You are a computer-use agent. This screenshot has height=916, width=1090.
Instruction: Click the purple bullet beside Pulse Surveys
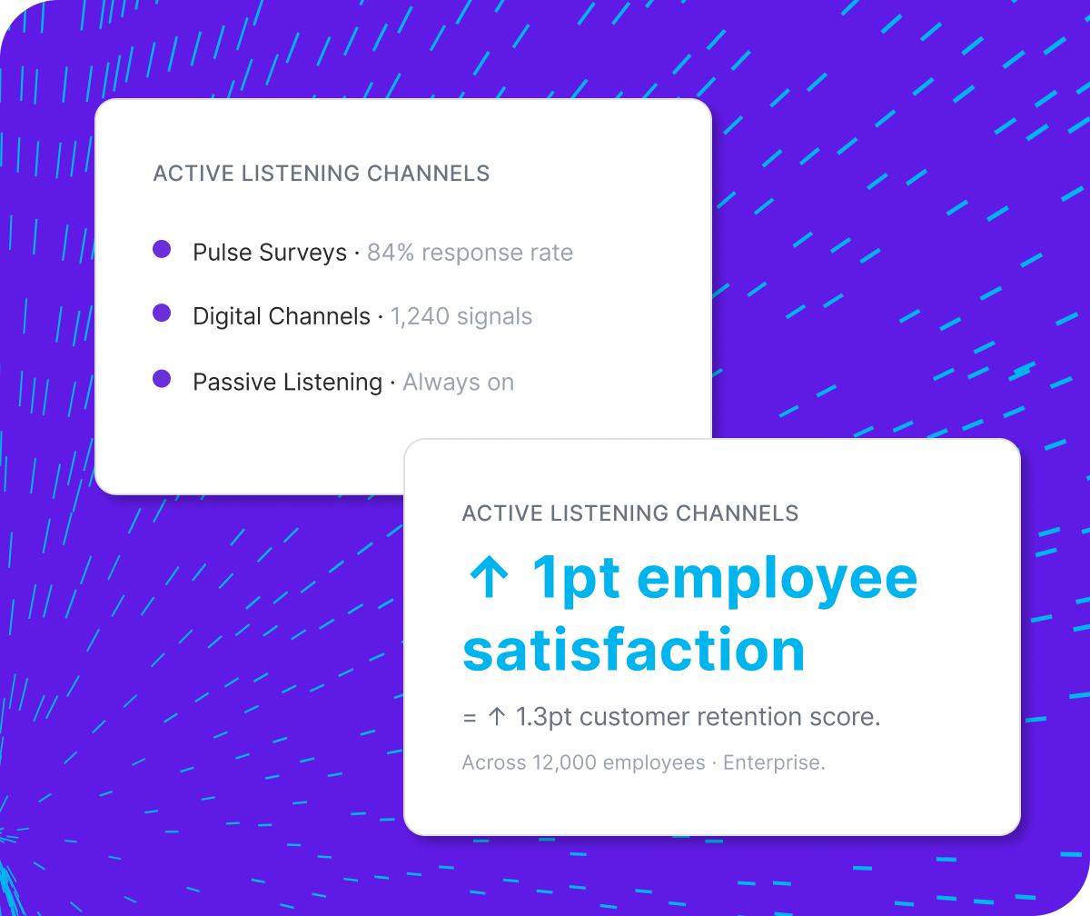pos(162,249)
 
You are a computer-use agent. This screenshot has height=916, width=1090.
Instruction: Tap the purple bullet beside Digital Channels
pos(162,314)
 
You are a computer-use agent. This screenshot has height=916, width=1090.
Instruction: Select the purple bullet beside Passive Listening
pos(162,379)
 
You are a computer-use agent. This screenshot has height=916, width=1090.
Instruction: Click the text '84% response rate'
pos(470,253)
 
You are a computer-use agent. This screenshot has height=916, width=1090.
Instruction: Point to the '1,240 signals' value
pos(461,316)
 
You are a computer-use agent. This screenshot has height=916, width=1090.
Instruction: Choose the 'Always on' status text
pos(458,383)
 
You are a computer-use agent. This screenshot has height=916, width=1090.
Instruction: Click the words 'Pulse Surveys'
pos(270,253)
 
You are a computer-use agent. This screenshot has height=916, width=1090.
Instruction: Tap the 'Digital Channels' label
pos(282,316)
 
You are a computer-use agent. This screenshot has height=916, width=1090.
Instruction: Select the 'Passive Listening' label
pos(287,383)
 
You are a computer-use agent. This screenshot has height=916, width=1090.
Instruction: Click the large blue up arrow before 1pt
pos(490,578)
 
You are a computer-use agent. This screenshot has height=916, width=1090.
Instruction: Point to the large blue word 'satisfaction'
pos(633,651)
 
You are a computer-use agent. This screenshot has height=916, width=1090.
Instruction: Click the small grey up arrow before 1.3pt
pos(496,717)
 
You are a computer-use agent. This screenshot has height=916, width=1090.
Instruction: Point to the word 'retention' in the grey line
pos(748,717)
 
